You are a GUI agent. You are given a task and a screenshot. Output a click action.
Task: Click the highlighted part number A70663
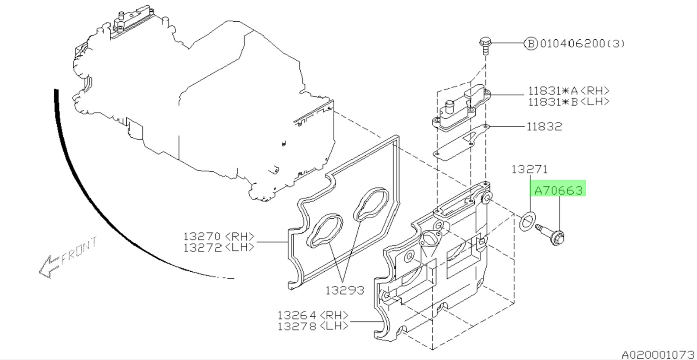[x=558, y=190]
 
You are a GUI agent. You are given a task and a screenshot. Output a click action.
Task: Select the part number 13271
[x=530, y=169]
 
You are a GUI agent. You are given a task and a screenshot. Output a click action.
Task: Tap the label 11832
[x=544, y=126]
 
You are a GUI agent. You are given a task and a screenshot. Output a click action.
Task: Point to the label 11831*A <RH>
[x=568, y=91]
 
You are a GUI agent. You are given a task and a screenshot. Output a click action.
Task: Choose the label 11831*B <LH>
[x=568, y=101]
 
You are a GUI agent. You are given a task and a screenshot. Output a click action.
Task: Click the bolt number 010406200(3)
[x=582, y=44]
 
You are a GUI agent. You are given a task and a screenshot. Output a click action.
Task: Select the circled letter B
[x=531, y=44]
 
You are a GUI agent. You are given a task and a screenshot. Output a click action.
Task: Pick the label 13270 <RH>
[x=219, y=236]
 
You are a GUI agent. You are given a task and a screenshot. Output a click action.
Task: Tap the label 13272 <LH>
[x=219, y=248]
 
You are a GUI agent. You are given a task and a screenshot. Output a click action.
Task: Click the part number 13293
[x=345, y=290]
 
